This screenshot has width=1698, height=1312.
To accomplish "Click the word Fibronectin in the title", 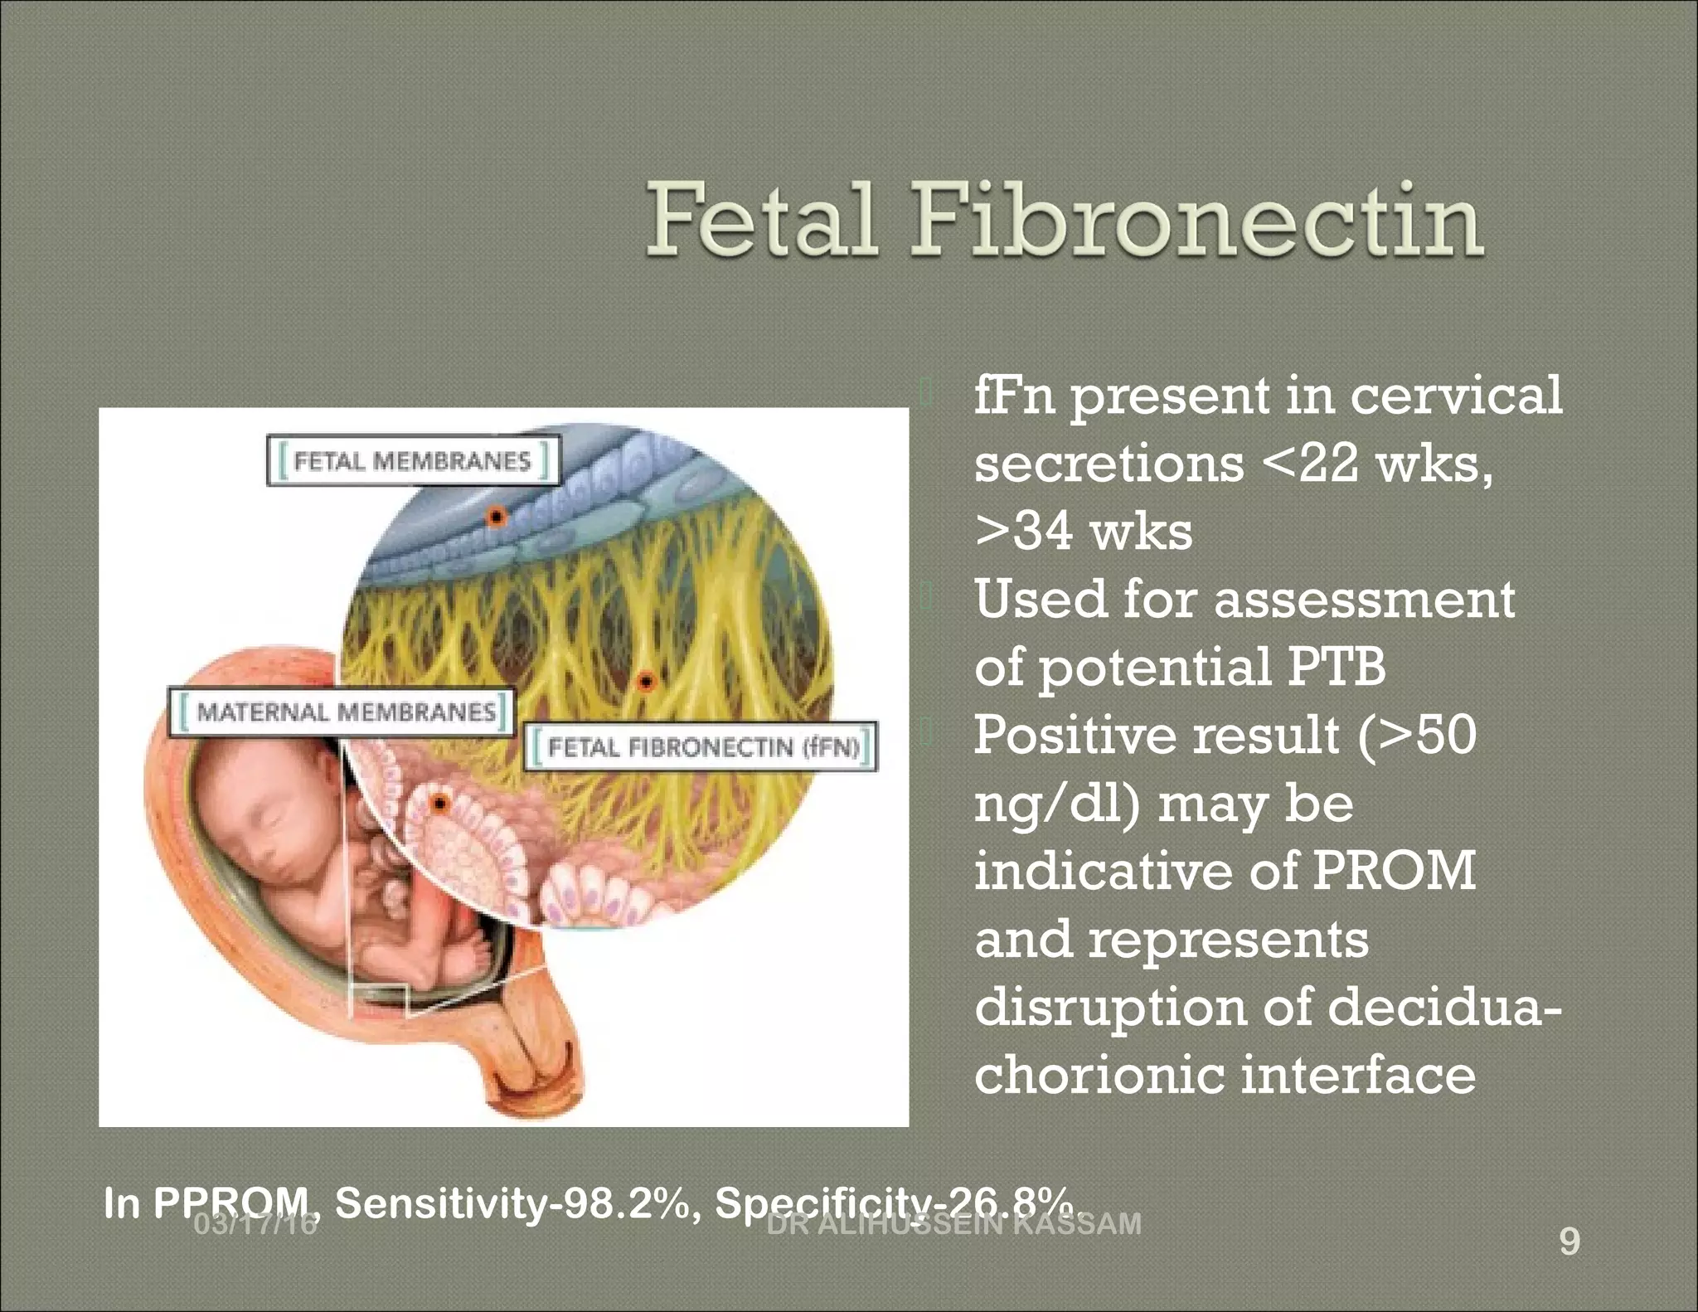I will click(x=1197, y=221).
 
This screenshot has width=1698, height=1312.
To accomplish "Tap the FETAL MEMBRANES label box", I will click(x=412, y=460).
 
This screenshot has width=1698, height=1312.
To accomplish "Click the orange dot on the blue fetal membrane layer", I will click(x=496, y=517).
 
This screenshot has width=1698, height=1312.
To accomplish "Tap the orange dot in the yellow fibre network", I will click(x=645, y=683).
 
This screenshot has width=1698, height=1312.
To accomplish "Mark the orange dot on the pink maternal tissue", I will click(x=439, y=803).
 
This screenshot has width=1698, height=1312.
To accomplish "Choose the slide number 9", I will click(x=1569, y=1242).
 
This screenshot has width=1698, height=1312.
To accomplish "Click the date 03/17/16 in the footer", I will click(x=255, y=1224).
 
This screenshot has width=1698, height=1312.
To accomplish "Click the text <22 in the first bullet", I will click(x=1310, y=464).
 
